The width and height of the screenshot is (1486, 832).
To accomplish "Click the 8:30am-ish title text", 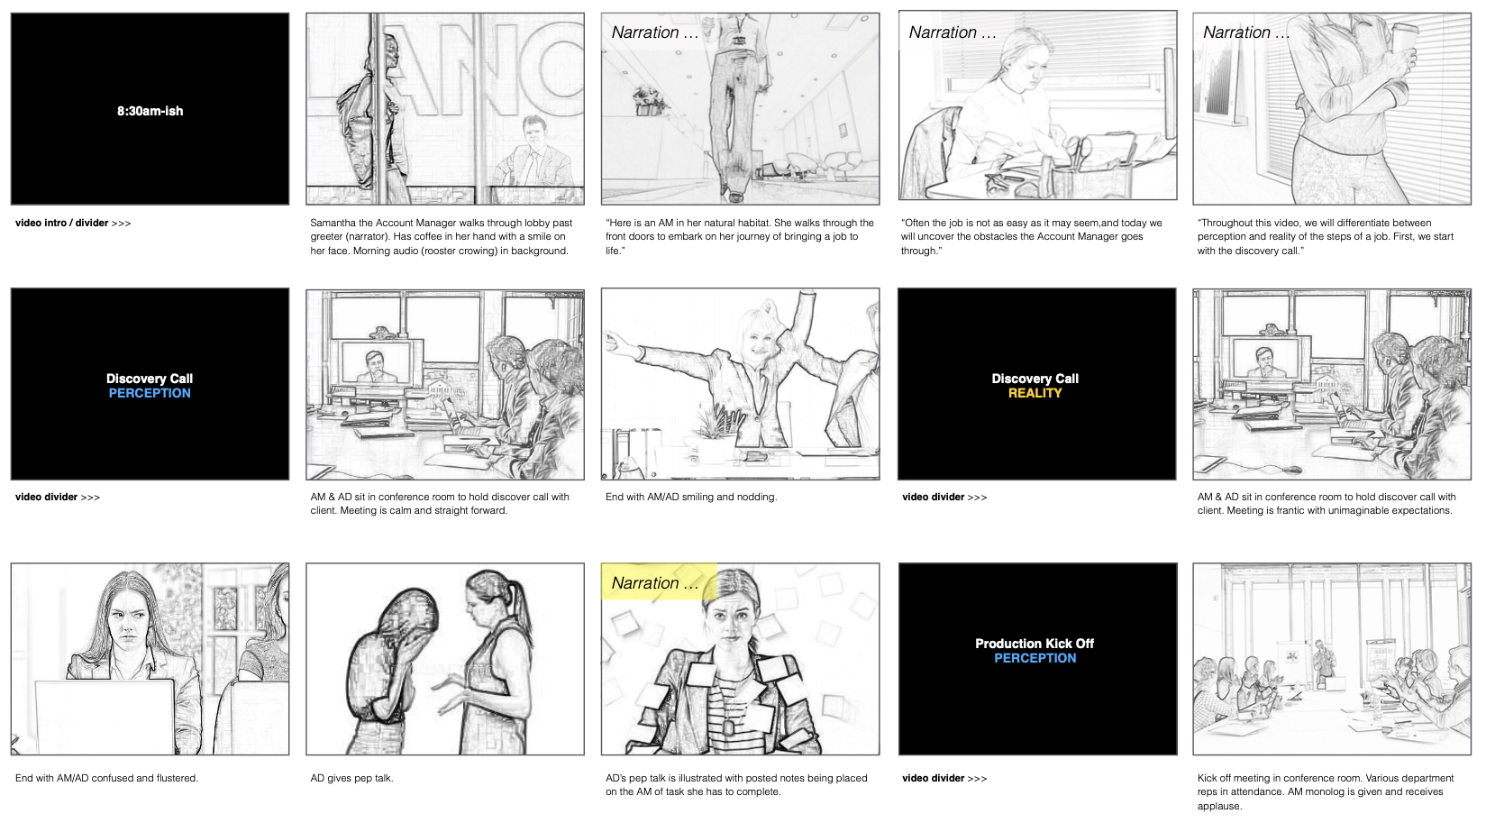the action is [x=150, y=111].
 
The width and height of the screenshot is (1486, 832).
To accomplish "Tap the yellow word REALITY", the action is [x=1035, y=393].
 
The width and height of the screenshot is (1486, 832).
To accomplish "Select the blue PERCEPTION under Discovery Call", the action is [x=150, y=393].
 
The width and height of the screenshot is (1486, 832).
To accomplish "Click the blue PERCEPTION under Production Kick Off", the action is [x=1035, y=657].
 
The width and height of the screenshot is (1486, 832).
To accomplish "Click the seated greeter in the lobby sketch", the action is [x=533, y=154].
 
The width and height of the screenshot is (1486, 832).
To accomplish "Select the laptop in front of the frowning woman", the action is [x=105, y=717].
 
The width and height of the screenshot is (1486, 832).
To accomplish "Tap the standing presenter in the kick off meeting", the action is [x=1323, y=663].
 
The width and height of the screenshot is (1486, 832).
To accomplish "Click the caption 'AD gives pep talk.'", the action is [x=351, y=778].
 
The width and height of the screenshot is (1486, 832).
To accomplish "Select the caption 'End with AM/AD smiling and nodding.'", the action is [x=691, y=497].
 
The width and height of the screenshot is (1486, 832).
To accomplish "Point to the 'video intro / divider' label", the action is [x=61, y=223].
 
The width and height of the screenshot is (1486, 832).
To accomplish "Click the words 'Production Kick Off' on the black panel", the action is [x=1035, y=643].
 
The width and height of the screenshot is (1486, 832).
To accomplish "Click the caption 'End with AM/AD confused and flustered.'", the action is [x=107, y=778].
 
